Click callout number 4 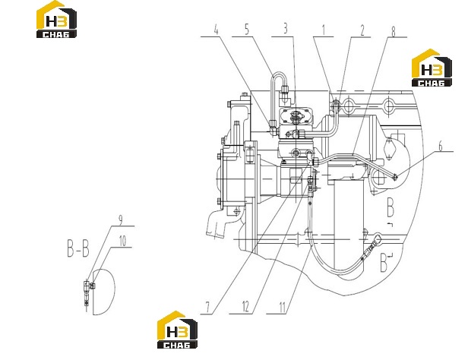click(x=216, y=30)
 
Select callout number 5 click(x=247, y=30)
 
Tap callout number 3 click(x=286, y=29)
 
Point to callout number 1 click(x=324, y=30)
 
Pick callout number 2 click(x=362, y=30)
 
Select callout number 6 click(x=441, y=147)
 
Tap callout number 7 click(x=207, y=307)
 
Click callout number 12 click(x=245, y=307)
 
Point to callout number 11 click(x=283, y=307)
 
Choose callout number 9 click(x=120, y=220)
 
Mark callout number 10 click(x=122, y=242)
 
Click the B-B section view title click(x=77, y=248)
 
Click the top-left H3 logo click(x=56, y=20)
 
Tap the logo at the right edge click(x=432, y=68)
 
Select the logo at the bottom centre click(x=177, y=330)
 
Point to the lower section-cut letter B click(x=384, y=263)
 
